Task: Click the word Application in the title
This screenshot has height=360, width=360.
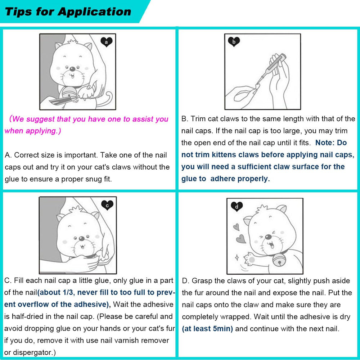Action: (95, 12)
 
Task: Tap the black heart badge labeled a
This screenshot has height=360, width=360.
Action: (106, 42)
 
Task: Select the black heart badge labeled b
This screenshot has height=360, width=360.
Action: (234, 42)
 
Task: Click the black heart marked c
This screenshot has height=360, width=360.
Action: (107, 205)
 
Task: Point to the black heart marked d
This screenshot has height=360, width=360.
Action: (237, 207)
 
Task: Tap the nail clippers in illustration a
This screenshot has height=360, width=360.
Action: (62, 101)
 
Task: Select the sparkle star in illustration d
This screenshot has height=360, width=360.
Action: (237, 257)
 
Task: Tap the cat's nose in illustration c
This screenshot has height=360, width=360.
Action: (82, 238)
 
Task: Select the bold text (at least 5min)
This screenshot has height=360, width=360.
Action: (207, 329)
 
